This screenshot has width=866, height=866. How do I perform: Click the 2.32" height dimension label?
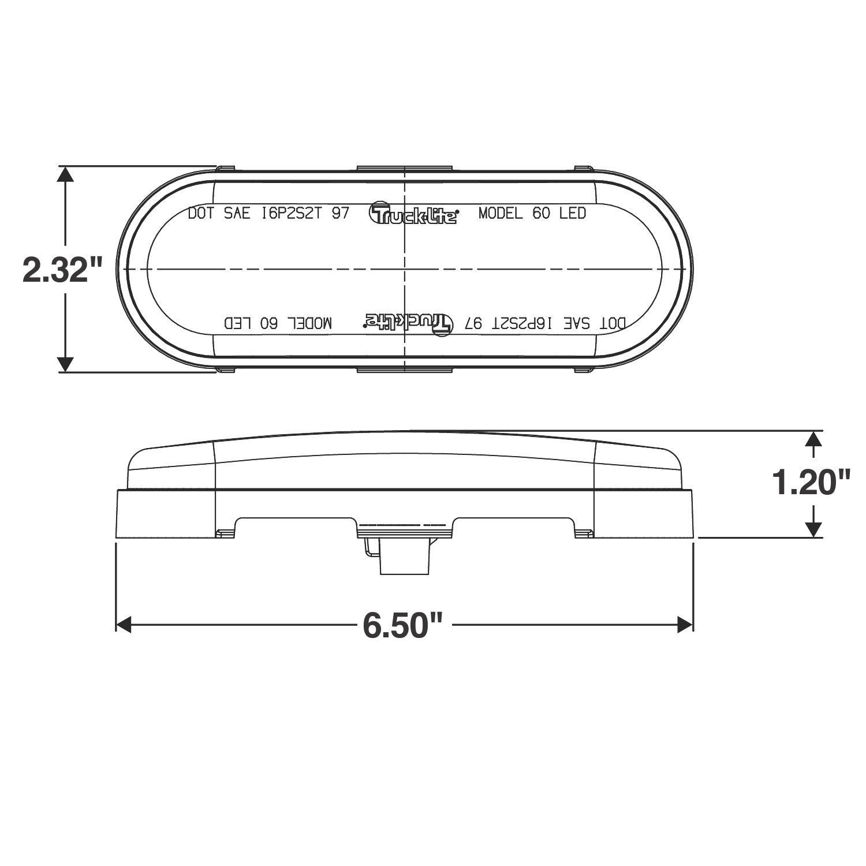(62, 269)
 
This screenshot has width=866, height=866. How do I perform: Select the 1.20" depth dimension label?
(813, 483)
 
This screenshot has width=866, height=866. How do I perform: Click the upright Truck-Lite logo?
(413, 214)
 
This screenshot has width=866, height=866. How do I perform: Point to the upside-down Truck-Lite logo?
(408, 322)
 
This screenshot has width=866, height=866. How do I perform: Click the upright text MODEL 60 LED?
(532, 214)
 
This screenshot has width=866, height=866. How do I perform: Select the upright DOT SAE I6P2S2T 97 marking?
(268, 214)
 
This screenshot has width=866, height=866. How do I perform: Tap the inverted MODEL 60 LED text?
(278, 323)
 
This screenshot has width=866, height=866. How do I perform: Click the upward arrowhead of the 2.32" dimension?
(66, 176)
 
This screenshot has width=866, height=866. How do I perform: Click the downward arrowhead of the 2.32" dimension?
(66, 364)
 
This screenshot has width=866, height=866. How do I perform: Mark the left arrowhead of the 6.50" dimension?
(125, 624)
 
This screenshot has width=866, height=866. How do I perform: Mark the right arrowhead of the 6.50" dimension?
(685, 624)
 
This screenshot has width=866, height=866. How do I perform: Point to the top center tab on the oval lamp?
(404, 169)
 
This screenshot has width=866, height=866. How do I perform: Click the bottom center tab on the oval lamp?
(404, 369)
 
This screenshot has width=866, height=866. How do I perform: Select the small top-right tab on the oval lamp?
(583, 169)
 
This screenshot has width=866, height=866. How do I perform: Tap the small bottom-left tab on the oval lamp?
(225, 369)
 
